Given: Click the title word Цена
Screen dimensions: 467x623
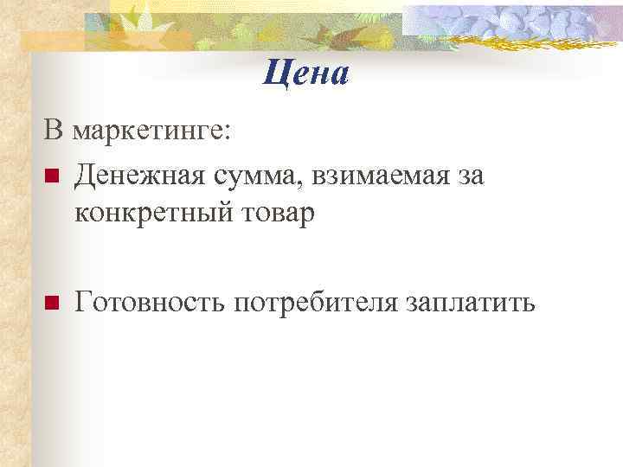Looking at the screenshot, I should (306, 74).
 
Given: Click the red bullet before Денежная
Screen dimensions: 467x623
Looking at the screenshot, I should (51, 177).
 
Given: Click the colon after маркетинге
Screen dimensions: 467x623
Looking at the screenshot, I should (227, 134).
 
